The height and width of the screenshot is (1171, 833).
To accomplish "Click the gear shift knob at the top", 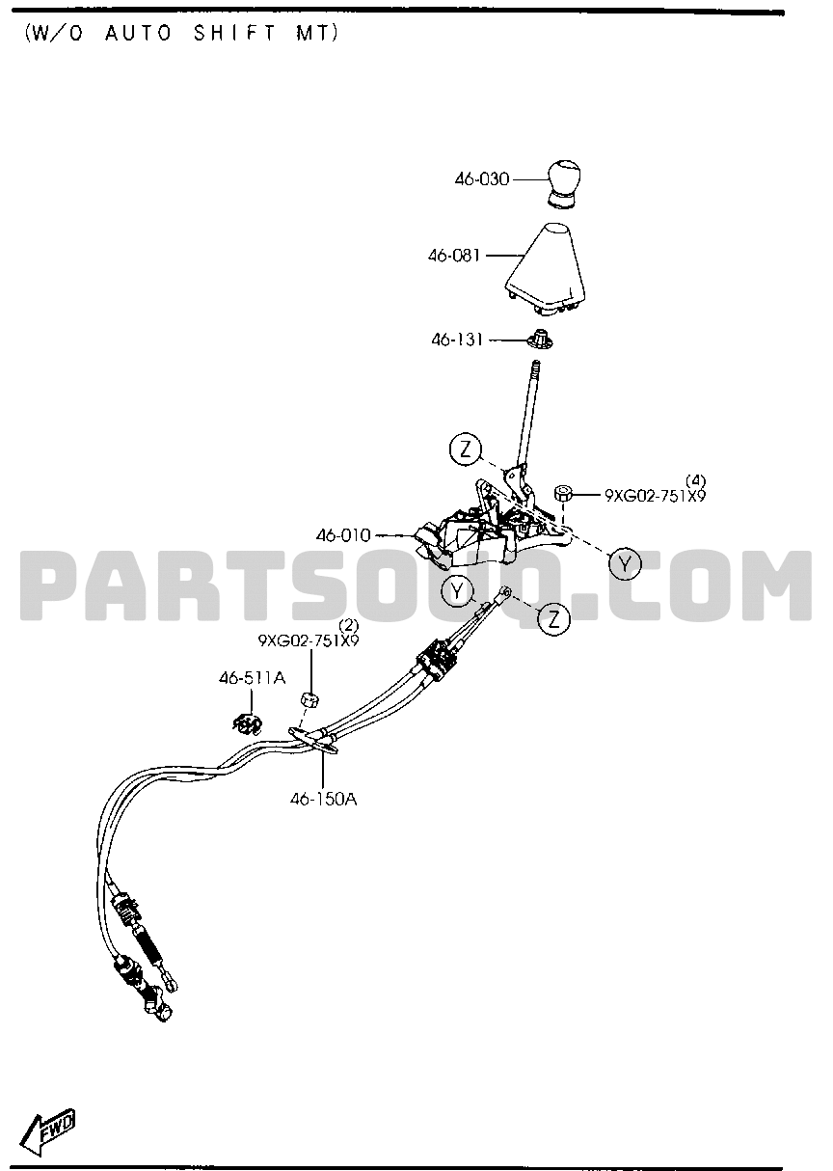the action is click(564, 184).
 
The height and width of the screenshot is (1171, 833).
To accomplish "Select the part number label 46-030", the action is click(481, 179).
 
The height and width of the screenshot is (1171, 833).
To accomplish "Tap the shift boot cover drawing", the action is click(545, 270).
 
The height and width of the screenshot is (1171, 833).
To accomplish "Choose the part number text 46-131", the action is click(457, 340).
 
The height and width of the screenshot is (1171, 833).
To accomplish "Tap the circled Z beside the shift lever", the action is click(465, 449).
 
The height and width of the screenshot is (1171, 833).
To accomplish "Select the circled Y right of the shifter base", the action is click(625, 564).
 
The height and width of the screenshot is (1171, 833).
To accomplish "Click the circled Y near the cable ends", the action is click(457, 591).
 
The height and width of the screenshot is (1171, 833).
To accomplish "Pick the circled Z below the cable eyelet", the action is click(554, 619).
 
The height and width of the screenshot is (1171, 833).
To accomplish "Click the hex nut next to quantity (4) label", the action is click(562, 493).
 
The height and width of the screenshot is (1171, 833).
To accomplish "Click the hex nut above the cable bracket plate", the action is click(309, 699).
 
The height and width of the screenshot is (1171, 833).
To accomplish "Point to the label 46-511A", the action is click(252, 678).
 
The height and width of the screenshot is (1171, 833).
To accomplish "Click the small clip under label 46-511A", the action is click(247, 724).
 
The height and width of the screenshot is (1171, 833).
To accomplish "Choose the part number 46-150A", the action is click(324, 800).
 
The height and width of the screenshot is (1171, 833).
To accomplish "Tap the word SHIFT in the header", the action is click(233, 34).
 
